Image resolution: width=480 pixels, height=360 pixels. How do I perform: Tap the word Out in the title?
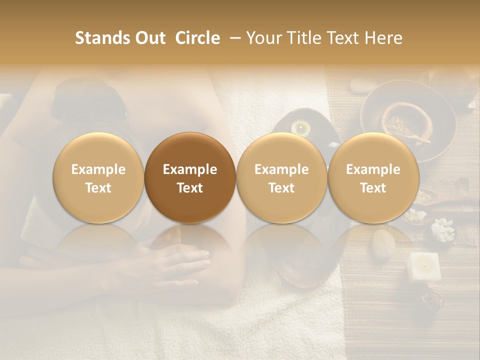(148, 38)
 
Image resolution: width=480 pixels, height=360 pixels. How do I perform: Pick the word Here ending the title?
(383, 38)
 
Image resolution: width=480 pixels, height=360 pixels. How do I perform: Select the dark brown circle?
(190, 178)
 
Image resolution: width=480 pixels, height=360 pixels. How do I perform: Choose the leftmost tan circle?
(98, 178)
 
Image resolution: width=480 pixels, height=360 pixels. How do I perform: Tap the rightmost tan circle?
(373, 178)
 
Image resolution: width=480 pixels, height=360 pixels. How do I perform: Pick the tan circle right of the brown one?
(281, 178)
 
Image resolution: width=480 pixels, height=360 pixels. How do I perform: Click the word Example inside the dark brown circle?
(190, 169)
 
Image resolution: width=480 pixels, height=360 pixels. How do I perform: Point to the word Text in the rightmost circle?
(373, 188)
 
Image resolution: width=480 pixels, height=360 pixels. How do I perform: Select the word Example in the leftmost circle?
(98, 169)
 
